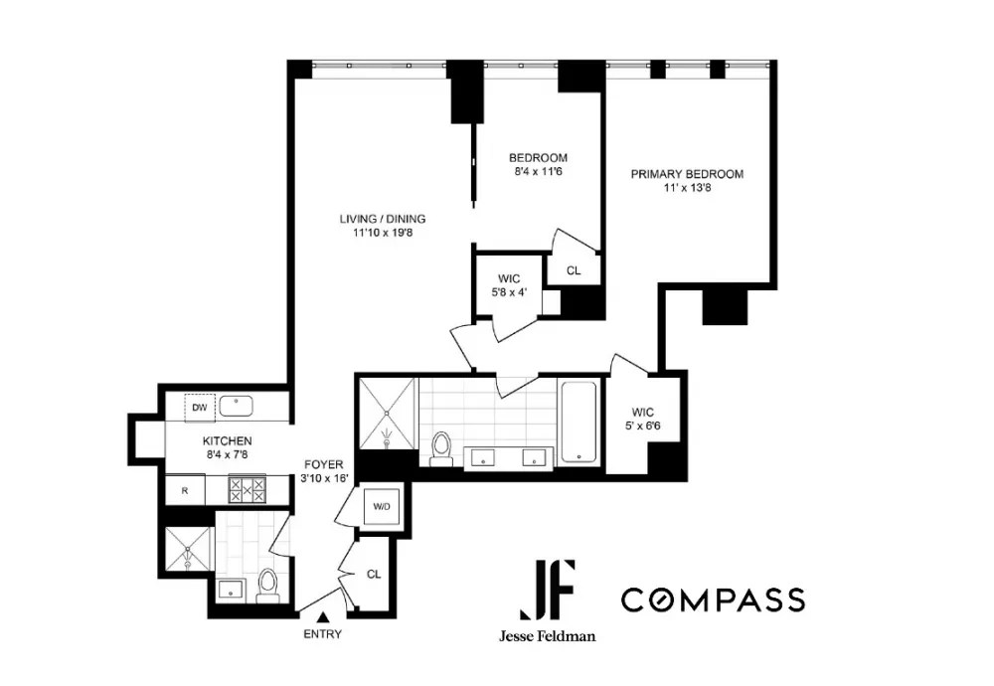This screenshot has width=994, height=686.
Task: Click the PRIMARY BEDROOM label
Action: [x=687, y=174]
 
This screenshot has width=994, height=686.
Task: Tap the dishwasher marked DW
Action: [x=200, y=408]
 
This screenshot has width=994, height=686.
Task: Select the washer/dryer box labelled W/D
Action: [x=382, y=507]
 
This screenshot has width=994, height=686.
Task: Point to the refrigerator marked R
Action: [x=185, y=491]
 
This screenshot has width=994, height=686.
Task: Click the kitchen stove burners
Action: [x=248, y=490]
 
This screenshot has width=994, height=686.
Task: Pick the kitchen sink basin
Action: [x=236, y=406]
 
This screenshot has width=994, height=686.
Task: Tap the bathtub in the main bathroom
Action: [x=579, y=422]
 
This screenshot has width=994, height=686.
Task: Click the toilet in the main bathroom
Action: [x=440, y=448]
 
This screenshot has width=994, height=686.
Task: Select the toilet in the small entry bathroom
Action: [x=267, y=586]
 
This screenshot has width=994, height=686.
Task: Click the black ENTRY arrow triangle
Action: [x=323, y=616]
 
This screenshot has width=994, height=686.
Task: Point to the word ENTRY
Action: [x=323, y=634]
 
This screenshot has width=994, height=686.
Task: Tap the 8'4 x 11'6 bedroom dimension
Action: [x=538, y=171]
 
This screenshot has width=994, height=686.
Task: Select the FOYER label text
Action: [x=324, y=464]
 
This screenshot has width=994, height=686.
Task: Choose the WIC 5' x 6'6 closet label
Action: [x=643, y=420]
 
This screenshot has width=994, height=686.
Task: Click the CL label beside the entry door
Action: [x=374, y=574]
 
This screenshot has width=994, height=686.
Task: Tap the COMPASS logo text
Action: [x=713, y=600]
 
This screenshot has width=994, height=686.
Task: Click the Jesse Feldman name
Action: [x=547, y=636]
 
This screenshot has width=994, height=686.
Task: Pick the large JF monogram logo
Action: [x=548, y=590]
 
